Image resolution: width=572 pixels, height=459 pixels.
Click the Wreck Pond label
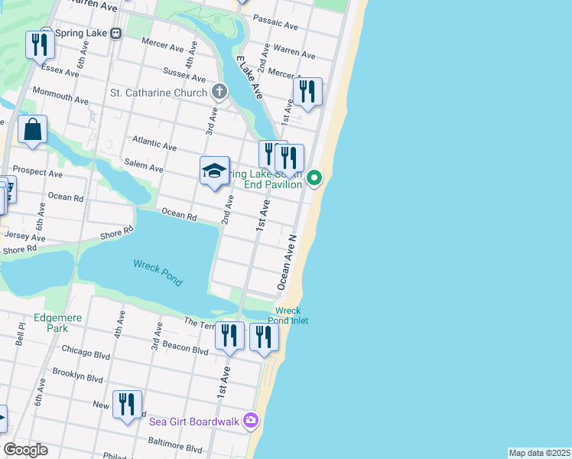pos(158,272)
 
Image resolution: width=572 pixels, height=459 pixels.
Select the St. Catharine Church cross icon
pos(219,93)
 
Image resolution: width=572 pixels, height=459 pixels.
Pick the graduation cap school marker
pos(215,171)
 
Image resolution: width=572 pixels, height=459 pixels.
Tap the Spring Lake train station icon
pos(116,34)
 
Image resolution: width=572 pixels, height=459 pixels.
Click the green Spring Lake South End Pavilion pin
pos(314,179)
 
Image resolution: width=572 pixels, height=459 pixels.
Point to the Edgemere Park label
pos(51,323)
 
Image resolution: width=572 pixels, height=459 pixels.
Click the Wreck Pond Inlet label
pos(288,315)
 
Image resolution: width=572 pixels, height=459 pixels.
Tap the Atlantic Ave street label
pos(154,142)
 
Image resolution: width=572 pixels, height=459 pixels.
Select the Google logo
pos(25,450)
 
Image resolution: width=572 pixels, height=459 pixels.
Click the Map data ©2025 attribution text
pos(540,453)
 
